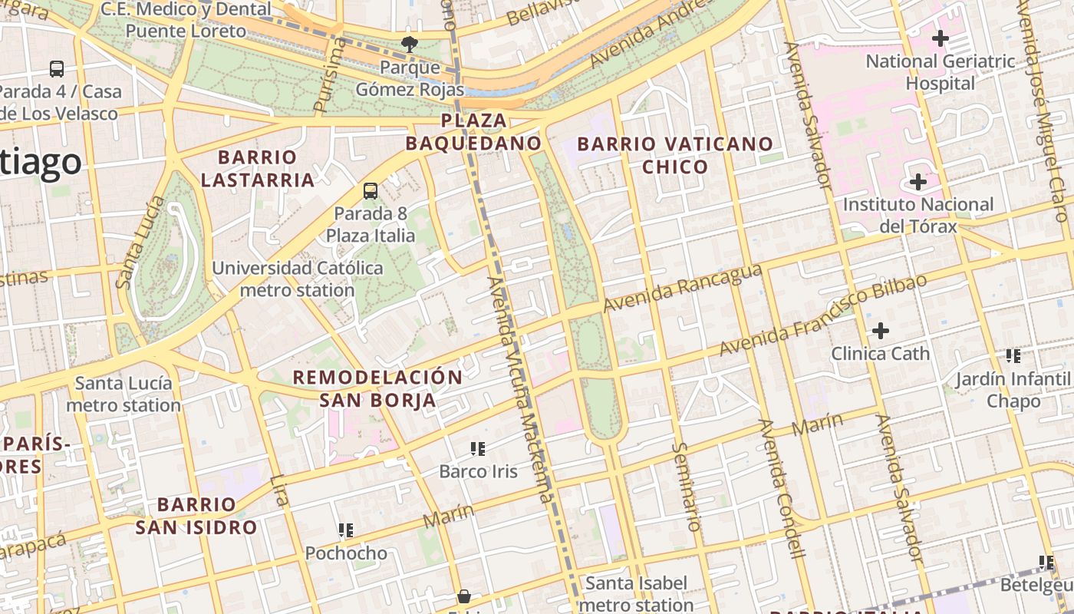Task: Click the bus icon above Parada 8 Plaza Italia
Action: pos(371,191)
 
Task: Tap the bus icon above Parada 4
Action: pos(57,69)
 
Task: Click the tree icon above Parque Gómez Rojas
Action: pos(410,45)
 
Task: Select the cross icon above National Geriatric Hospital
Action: pos(940,38)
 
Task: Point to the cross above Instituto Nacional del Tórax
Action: pos(918,182)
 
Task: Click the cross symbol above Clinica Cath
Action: pos(881,331)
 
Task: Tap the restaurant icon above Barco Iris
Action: pos(478,448)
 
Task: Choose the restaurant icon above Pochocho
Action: pos(346,530)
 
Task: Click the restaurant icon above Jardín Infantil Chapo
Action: pos(1013,355)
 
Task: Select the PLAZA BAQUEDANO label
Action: pos(473,132)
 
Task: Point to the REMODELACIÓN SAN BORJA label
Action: pos(377,388)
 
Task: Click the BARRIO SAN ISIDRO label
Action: pos(196,516)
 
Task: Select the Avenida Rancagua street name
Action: pos(682,289)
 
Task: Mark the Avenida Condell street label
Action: pos(781,488)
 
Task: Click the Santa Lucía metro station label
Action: pos(124,394)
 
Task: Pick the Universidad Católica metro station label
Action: pos(297,279)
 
